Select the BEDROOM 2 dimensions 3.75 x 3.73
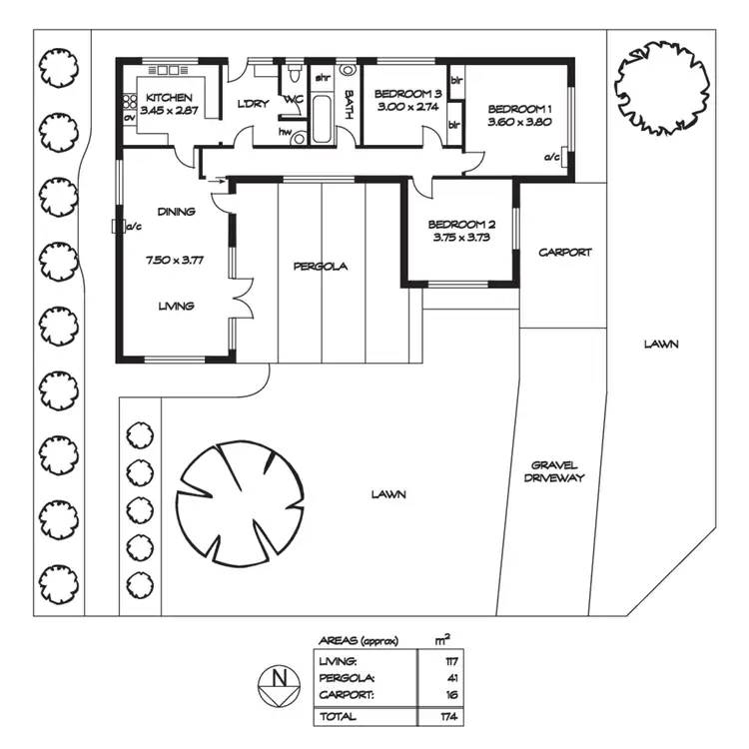[x=461, y=238]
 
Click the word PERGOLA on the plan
[x=321, y=267]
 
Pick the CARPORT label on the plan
[x=565, y=253]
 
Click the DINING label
[x=176, y=212]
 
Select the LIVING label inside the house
[x=175, y=306]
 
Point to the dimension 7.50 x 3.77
[x=175, y=260]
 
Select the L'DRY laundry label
[x=251, y=104]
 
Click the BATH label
[x=349, y=105]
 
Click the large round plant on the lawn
[x=240, y=497]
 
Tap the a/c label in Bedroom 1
[x=551, y=157]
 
